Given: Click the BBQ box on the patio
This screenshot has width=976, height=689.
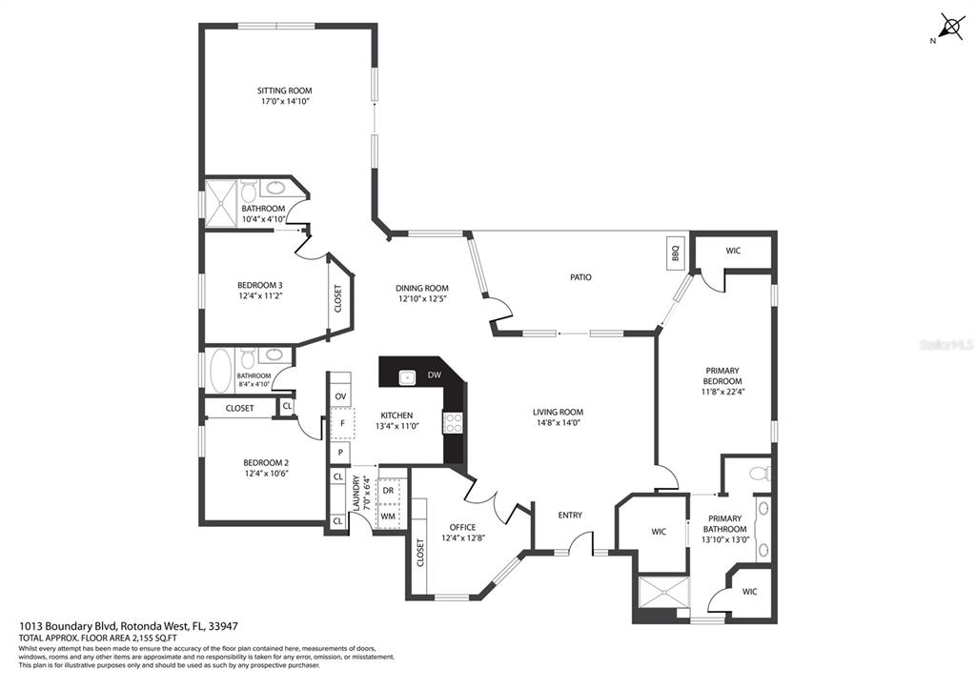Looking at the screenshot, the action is tap(676, 253).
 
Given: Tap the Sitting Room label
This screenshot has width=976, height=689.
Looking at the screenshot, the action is tap(284, 91).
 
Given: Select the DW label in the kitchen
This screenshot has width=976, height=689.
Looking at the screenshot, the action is tap(434, 375).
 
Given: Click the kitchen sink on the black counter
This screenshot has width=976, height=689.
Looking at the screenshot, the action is tap(406, 377).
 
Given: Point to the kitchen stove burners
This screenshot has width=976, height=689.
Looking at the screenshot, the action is tap(452, 422).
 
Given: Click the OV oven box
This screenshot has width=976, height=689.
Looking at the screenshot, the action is tap(340, 396).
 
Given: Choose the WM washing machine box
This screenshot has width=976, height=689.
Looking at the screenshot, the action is tap(388, 516).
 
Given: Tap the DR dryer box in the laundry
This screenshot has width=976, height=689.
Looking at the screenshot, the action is tap(388, 490).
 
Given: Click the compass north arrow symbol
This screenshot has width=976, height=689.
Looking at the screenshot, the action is tap(950, 27).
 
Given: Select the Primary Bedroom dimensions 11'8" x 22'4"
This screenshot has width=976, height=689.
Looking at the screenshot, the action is tap(722, 392).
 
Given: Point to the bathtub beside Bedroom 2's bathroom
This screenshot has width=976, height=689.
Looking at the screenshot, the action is tap(220, 371).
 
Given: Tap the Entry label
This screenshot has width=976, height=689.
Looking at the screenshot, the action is tap(570, 515).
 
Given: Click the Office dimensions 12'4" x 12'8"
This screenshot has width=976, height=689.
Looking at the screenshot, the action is tap(462, 537).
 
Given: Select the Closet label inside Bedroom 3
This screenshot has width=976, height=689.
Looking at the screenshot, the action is tap(338, 298).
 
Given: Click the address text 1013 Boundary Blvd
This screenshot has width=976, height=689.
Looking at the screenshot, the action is tap(68, 626).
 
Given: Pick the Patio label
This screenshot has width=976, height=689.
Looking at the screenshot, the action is tap(580, 277).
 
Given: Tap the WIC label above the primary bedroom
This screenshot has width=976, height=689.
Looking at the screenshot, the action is tap(733, 251).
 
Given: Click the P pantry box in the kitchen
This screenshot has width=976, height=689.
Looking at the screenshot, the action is tap(340, 453).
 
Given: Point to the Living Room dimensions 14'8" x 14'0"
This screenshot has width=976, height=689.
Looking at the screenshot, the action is tap(558, 422).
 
